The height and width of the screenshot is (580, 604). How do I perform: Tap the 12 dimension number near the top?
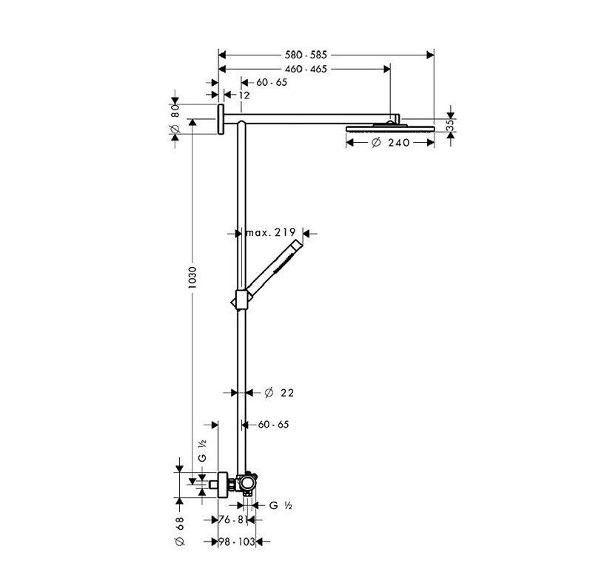(x=244, y=95)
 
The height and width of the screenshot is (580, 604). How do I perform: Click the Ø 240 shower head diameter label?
(x=391, y=142)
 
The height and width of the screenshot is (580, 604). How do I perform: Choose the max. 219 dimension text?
(x=270, y=232)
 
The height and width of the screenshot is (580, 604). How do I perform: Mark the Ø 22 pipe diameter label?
(x=279, y=393)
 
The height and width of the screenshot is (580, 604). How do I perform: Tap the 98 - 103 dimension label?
(x=237, y=542)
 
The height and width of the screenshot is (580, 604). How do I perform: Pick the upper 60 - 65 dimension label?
(x=272, y=82)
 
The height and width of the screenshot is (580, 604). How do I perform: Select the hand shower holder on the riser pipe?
(x=240, y=299)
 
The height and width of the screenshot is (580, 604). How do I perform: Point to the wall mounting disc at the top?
(x=220, y=120)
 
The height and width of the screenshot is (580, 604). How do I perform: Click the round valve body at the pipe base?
(x=244, y=486)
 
